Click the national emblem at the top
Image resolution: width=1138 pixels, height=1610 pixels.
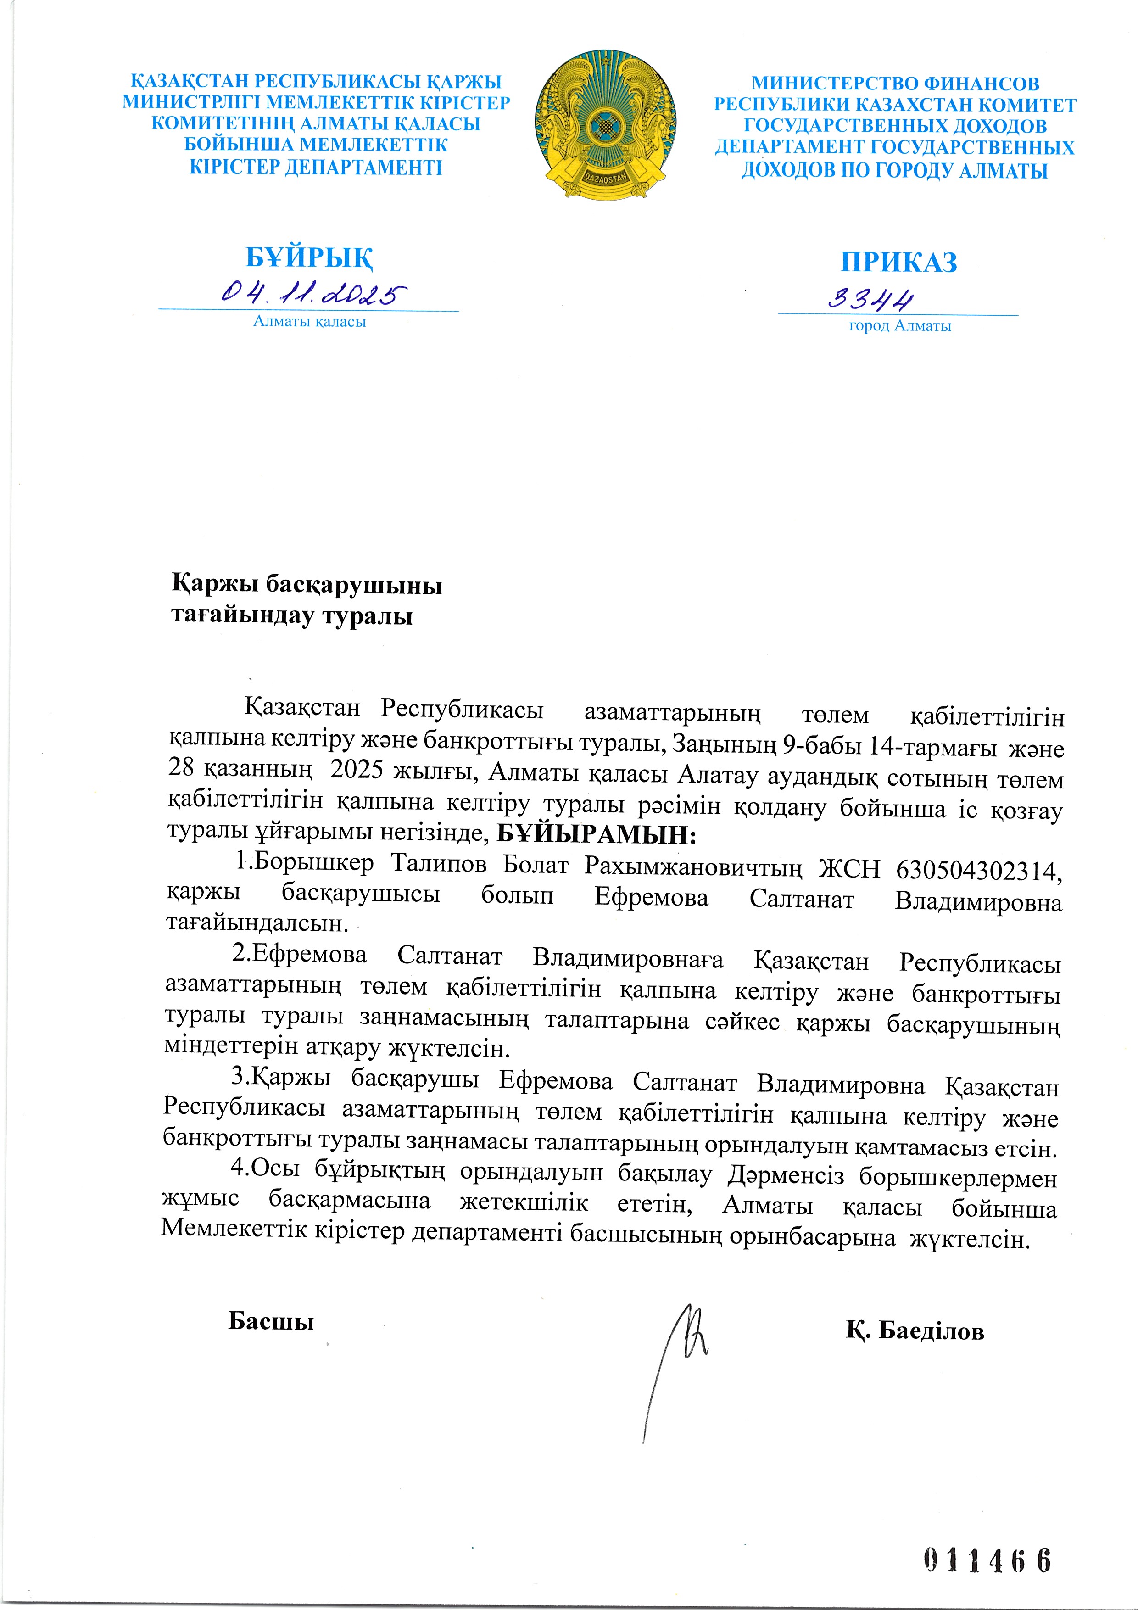[x=605, y=125]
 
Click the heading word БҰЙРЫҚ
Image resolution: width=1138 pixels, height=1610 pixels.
[x=309, y=257]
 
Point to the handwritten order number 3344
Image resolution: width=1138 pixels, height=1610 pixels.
[x=871, y=299]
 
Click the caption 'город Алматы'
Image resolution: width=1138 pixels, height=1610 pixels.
[x=899, y=326]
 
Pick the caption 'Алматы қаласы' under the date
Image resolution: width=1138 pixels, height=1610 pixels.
[x=309, y=322]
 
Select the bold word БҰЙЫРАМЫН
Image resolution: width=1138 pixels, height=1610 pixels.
[x=595, y=834]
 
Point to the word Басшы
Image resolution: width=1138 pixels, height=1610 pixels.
[x=271, y=1322]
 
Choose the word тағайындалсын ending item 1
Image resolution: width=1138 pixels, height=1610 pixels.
[x=257, y=923]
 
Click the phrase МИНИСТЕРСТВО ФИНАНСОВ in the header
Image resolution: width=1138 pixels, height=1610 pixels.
[x=895, y=84]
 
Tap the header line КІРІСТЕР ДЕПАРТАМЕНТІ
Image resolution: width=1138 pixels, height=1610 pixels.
[x=316, y=168]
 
